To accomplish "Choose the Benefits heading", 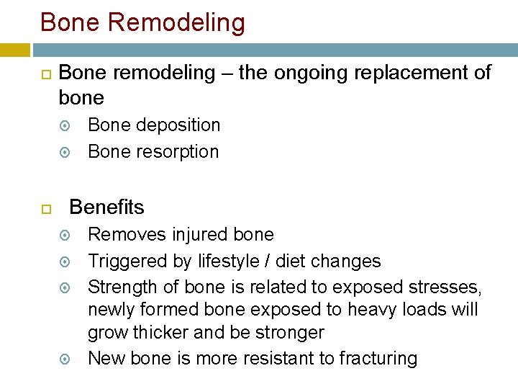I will pos(106,207).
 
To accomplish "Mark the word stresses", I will pos(445,287).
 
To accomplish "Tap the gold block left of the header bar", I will pos(15,50).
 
